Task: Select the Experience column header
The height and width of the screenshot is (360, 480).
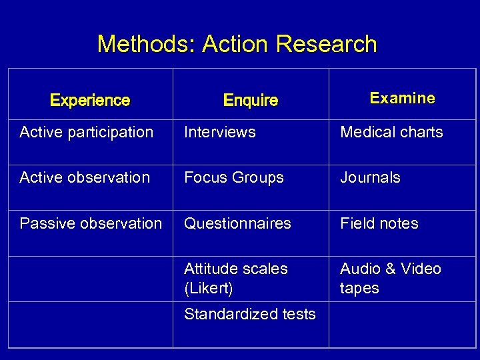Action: click(90, 101)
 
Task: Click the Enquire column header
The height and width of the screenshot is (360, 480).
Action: click(250, 101)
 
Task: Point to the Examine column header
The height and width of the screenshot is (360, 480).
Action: click(402, 99)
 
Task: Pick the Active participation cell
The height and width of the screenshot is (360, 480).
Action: click(86, 132)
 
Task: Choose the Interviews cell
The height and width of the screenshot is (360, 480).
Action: click(219, 132)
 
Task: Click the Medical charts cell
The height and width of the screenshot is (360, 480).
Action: click(391, 132)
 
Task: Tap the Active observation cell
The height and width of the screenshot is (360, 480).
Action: click(85, 177)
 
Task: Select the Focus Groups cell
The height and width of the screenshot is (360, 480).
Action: click(233, 177)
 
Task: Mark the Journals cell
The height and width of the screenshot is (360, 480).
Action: click(370, 177)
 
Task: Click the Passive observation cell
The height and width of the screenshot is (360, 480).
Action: click(91, 223)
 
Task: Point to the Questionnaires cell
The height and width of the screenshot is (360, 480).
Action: click(237, 223)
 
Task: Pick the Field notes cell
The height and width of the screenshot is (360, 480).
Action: click(379, 223)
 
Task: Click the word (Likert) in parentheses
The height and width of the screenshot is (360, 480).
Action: click(208, 289)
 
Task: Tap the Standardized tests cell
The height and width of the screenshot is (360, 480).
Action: click(249, 314)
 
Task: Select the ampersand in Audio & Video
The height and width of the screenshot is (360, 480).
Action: click(388, 269)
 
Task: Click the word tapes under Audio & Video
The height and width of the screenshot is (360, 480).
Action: click(359, 289)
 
